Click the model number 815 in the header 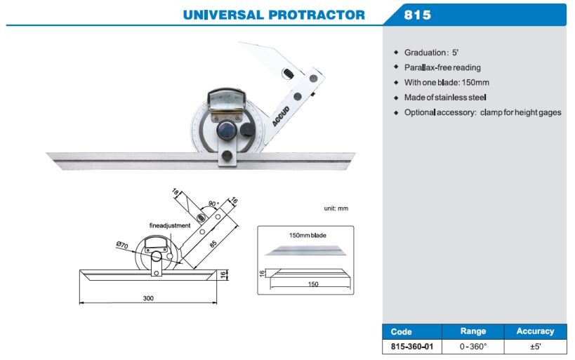click(x=417, y=15)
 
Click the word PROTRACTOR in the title click(x=317, y=15)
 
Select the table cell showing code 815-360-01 click(x=412, y=347)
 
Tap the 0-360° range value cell click(x=473, y=347)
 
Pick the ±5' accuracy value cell click(x=536, y=347)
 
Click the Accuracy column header click(x=535, y=331)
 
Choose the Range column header click(x=473, y=331)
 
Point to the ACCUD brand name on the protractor click(x=281, y=116)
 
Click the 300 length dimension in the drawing click(x=148, y=298)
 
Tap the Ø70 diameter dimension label click(x=121, y=245)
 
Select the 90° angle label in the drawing click(x=213, y=204)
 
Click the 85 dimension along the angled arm click(x=213, y=244)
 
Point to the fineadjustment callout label click(x=170, y=225)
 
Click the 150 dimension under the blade click(x=313, y=284)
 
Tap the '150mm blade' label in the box click(x=308, y=235)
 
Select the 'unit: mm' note click(x=336, y=208)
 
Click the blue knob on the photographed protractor click(x=226, y=130)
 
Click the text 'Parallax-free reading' click(x=442, y=67)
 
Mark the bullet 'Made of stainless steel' click(x=445, y=98)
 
